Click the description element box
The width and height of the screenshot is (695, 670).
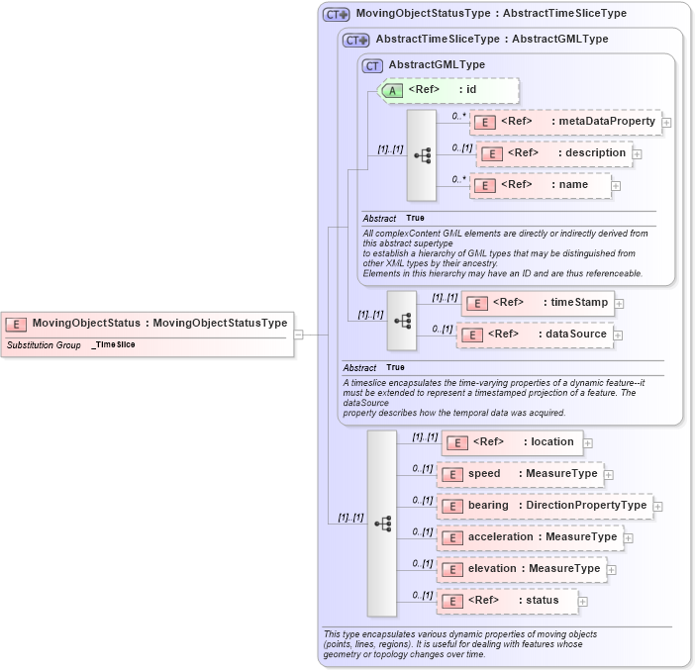(x=554, y=153)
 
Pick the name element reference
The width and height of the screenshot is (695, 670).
(x=540, y=185)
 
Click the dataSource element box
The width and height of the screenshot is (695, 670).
(x=534, y=335)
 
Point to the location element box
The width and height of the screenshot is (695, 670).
(x=512, y=442)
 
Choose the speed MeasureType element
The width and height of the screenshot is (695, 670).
(x=521, y=474)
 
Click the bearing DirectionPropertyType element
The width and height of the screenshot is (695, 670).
(x=545, y=506)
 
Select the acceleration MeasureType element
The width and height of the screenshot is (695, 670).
(x=531, y=537)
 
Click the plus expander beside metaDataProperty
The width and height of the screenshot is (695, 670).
(x=666, y=123)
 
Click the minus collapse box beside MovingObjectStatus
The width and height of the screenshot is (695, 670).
(x=298, y=335)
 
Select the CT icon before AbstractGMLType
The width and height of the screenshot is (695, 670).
(x=372, y=65)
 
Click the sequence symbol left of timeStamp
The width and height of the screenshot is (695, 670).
(x=402, y=320)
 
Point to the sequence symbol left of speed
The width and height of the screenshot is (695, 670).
(x=382, y=524)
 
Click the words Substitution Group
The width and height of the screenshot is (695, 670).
(x=44, y=345)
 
